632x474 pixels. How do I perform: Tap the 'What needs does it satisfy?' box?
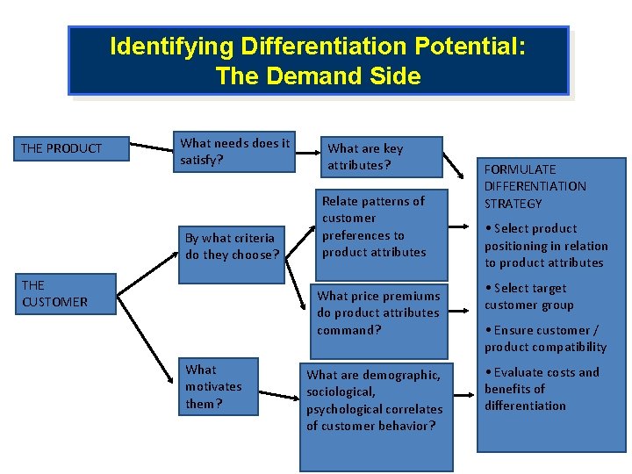[234, 151]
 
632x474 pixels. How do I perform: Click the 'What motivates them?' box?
[219, 386]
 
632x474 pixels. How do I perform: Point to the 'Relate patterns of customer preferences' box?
[382, 226]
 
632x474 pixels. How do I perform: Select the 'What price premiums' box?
[380, 312]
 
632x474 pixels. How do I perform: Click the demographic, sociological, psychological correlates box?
[376, 400]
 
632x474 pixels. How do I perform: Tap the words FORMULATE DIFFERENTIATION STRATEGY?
[535, 186]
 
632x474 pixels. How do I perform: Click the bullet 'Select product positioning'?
[545, 246]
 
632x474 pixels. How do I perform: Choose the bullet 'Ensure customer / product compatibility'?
[544, 338]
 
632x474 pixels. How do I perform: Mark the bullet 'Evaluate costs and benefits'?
[542, 389]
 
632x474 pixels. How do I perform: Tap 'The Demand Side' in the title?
[318, 76]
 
